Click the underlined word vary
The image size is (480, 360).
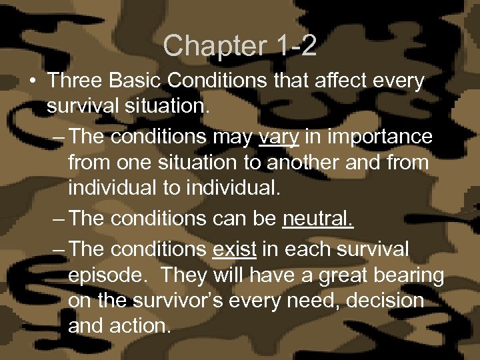[x=280, y=137]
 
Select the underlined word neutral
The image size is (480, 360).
[x=319, y=219]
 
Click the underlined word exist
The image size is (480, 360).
[x=235, y=249]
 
